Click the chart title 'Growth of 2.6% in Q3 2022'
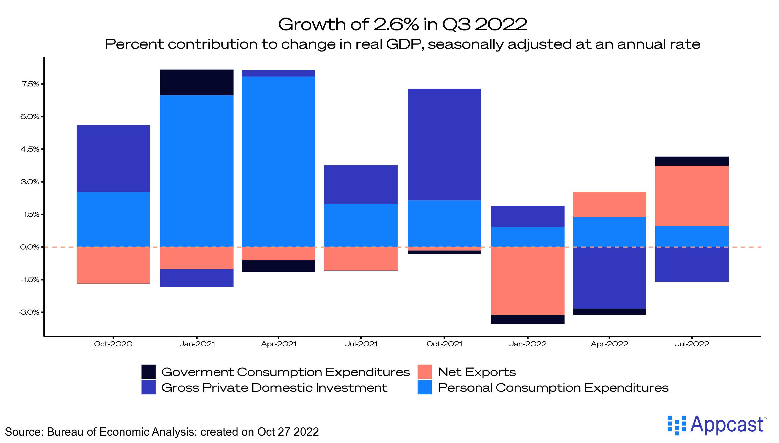[x=402, y=24]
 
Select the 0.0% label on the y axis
[x=30, y=247]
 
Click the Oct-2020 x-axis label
[x=113, y=344]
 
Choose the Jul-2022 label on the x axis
[x=692, y=344]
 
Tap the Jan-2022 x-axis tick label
[x=528, y=344]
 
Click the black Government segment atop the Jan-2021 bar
[x=197, y=82]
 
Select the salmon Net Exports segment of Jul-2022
[x=692, y=196]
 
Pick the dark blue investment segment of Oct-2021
[x=444, y=145]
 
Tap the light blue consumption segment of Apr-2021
[x=278, y=161]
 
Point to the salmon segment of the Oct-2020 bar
[x=113, y=265]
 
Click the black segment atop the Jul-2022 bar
[x=692, y=161]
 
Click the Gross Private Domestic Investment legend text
[x=274, y=388]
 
